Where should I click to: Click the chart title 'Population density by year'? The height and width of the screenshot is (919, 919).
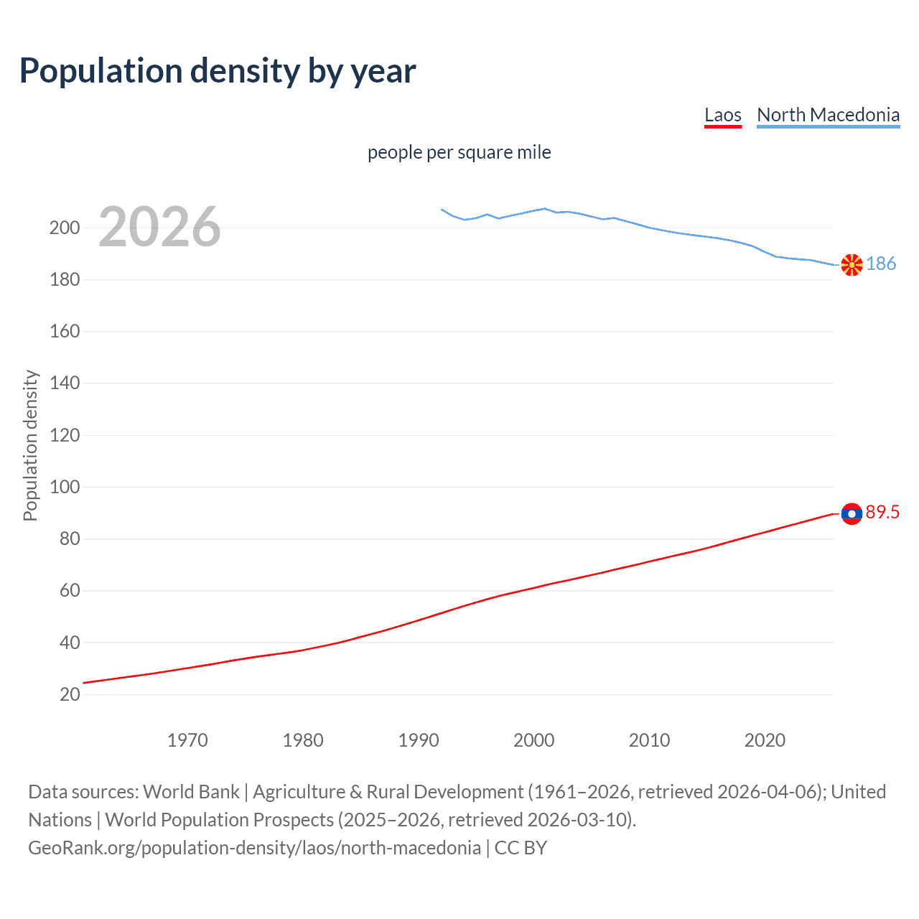[218, 71]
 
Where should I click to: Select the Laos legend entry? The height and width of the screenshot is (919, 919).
[722, 115]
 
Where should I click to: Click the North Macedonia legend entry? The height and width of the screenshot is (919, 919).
[828, 115]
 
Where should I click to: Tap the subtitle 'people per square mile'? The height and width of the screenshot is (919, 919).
[459, 153]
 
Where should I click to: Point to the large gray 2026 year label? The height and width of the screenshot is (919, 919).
[159, 227]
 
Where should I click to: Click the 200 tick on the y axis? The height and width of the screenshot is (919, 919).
[65, 228]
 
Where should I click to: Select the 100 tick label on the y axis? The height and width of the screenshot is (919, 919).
[65, 488]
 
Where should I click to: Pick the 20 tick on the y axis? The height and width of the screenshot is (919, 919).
[70, 694]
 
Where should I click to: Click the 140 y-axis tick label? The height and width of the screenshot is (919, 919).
[65, 383]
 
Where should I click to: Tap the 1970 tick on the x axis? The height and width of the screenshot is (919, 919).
[187, 740]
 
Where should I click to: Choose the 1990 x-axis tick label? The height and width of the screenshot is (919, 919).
[419, 740]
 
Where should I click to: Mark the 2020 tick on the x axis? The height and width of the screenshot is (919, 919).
[765, 740]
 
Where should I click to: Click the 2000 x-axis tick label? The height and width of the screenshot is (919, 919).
[533, 740]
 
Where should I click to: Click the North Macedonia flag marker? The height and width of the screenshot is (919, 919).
[852, 265]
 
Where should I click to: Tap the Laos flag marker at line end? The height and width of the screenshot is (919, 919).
[852, 513]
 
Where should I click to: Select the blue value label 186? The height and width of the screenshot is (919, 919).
[881, 264]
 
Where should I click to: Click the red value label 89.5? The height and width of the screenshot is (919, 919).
[882, 512]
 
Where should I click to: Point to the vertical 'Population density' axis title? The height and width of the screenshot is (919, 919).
[30, 445]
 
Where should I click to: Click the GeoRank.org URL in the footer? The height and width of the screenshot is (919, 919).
[255, 848]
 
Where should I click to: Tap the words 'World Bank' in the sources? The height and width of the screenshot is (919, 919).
[191, 792]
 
